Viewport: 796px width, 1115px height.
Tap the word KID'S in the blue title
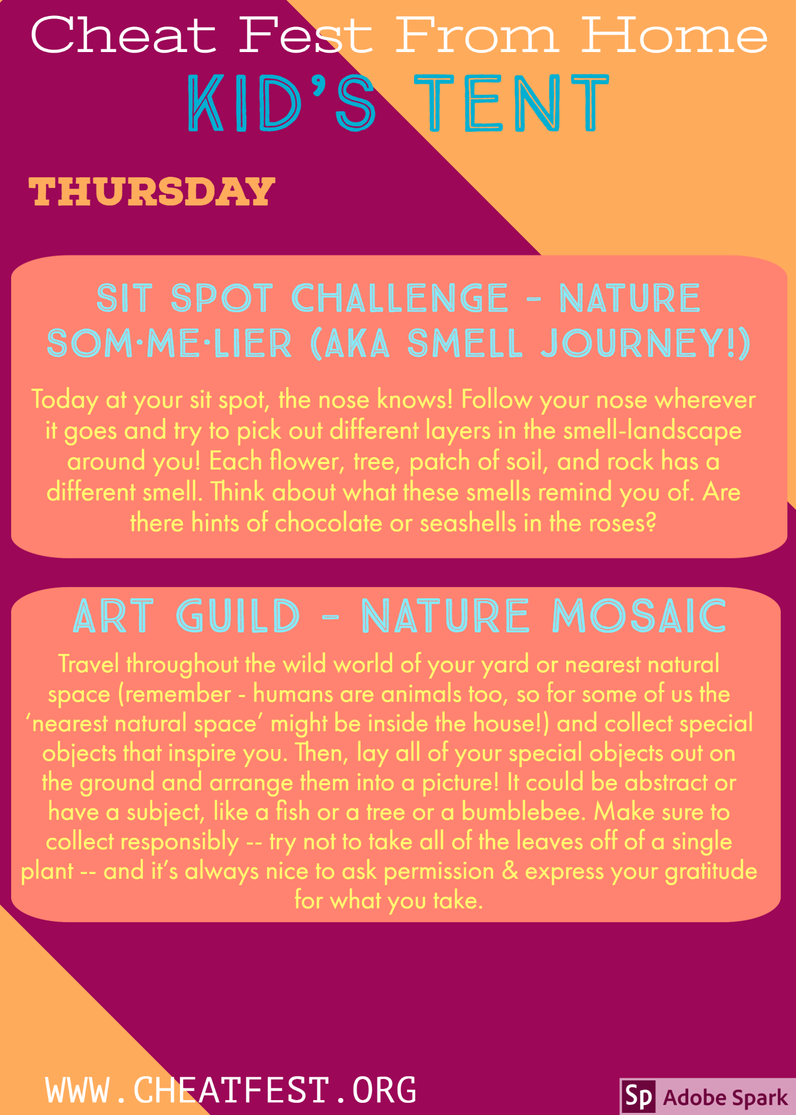[282, 103]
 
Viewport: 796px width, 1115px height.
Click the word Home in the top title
[674, 36]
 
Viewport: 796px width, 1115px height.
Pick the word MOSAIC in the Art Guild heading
[639, 616]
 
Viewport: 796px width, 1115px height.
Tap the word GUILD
[238, 616]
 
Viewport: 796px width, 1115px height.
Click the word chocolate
[328, 523]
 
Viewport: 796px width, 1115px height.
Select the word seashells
[468, 523]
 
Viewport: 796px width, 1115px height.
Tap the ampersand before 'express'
[510, 871]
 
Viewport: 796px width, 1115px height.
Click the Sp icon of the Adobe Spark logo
[638, 1096]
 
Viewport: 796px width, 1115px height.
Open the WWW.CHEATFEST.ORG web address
[231, 1090]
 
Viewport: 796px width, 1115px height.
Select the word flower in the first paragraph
[307, 461]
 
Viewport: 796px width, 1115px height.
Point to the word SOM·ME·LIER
[169, 343]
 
